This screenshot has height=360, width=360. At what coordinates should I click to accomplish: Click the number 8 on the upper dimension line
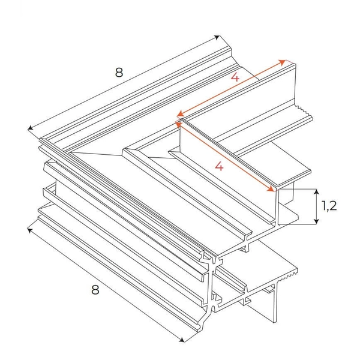[x=119, y=73]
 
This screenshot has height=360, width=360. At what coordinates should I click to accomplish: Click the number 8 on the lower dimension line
[x=95, y=290]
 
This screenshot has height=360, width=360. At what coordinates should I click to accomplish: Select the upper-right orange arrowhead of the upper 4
[x=282, y=61]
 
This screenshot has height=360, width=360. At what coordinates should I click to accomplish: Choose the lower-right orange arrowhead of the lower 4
[x=273, y=190]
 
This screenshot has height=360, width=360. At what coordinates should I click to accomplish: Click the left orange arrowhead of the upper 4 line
[x=178, y=113]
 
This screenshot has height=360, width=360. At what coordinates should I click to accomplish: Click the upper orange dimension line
[x=231, y=88]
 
